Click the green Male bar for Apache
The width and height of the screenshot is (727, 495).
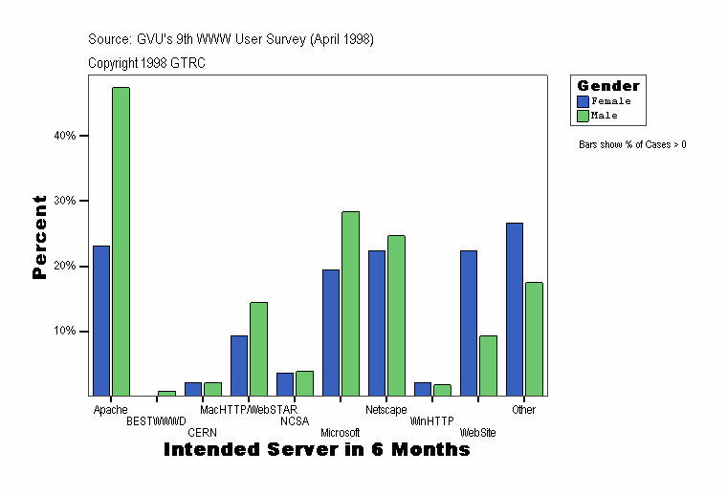click(121, 241)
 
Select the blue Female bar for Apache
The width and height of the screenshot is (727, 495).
click(101, 320)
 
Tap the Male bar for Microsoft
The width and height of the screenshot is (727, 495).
click(350, 303)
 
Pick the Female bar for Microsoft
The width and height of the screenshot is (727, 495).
click(331, 333)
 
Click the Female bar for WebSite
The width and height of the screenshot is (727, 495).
click(469, 323)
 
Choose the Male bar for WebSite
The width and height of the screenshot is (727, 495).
click(488, 365)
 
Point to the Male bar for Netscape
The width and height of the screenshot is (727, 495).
click(396, 315)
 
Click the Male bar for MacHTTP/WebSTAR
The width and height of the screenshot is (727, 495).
click(258, 349)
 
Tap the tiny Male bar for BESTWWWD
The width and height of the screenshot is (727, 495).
click(166, 393)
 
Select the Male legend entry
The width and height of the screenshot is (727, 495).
click(604, 116)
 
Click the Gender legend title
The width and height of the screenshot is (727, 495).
click(608, 86)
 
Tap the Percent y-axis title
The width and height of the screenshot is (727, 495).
click(39, 237)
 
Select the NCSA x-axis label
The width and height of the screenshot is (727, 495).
click(295, 421)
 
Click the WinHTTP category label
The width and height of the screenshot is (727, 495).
click(431, 421)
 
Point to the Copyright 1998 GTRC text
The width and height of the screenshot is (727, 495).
click(146, 63)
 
